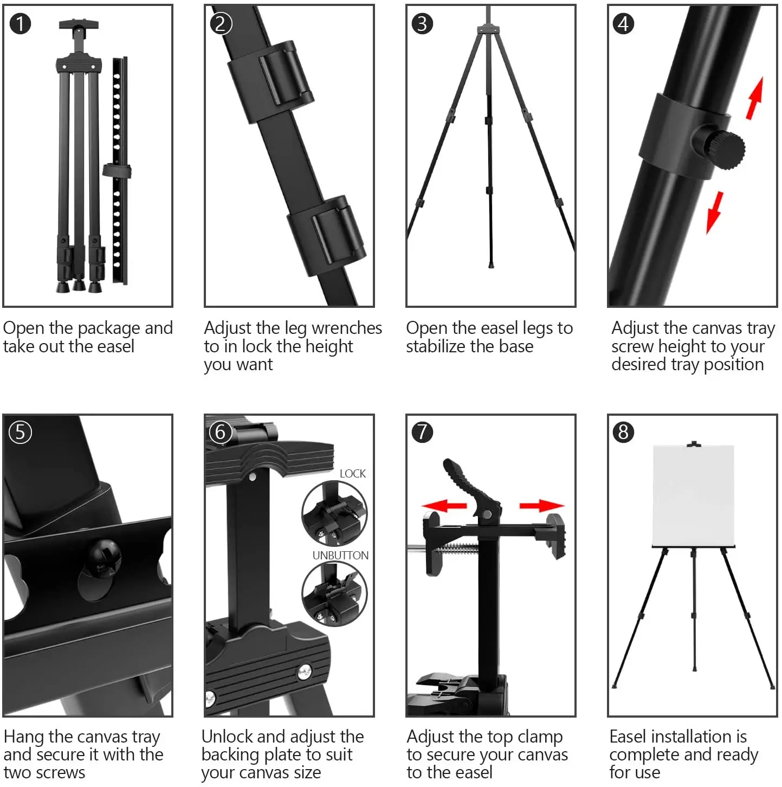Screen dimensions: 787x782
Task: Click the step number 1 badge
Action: tap(20, 24)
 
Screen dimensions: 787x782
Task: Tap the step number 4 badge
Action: tap(623, 24)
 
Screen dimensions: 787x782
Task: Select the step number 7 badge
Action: tap(422, 432)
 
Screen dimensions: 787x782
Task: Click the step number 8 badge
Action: tap(623, 432)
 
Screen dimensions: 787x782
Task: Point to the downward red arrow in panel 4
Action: tap(715, 212)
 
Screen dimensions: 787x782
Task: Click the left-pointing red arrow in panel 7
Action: tap(444, 506)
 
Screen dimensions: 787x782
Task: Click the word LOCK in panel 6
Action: tap(352, 474)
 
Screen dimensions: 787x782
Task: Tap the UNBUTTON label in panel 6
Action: tap(340, 556)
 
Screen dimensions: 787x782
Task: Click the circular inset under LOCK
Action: tap(334, 513)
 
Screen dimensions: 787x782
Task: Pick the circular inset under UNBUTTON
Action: tap(334, 594)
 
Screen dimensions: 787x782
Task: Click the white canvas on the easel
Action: tap(693, 495)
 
